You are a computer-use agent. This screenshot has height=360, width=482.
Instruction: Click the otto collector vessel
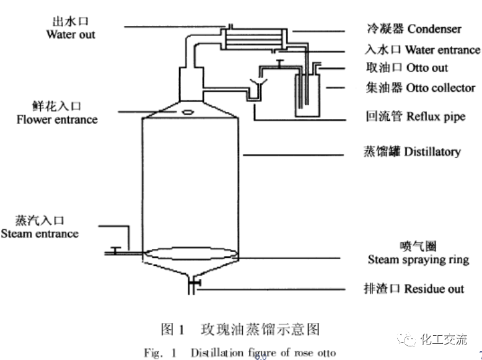306,99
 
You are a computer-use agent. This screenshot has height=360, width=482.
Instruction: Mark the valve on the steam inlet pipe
115,251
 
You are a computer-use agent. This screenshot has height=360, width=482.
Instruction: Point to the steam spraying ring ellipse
189,254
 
